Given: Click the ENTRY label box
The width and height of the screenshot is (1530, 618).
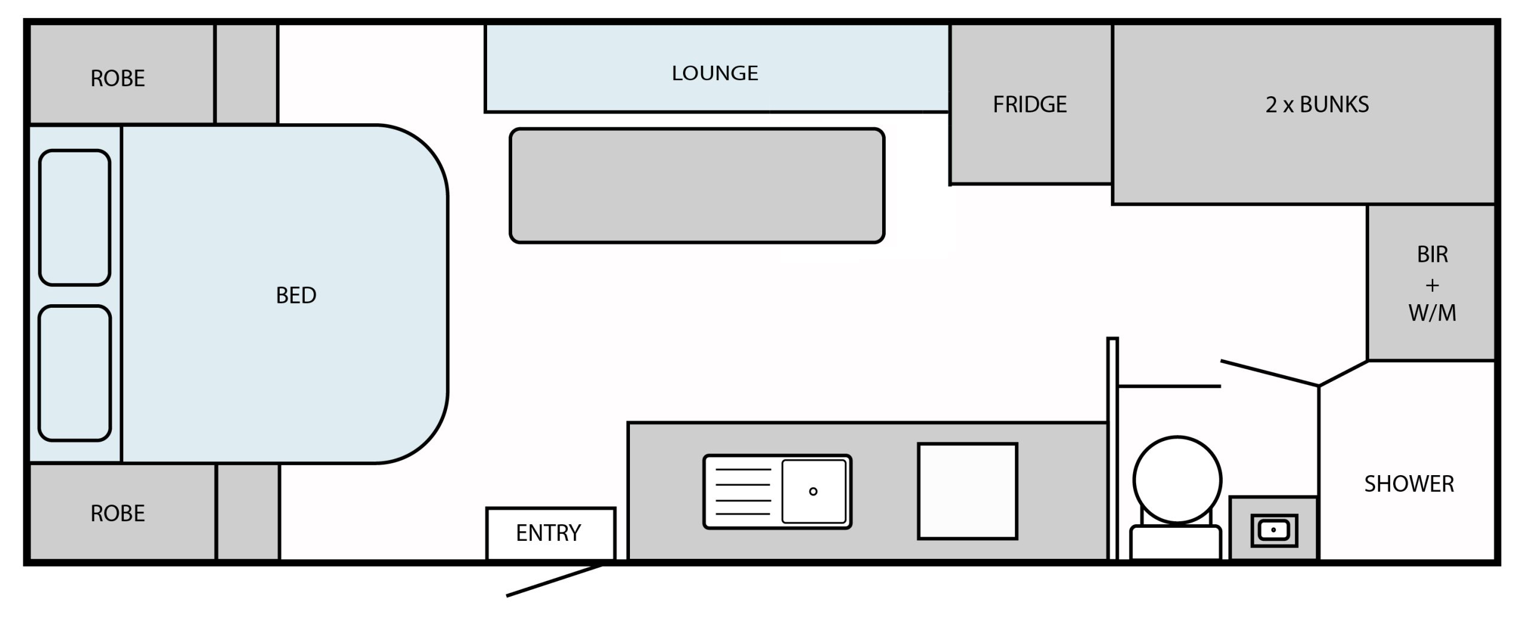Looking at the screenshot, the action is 550,534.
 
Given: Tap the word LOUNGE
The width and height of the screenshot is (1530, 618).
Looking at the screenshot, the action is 715,73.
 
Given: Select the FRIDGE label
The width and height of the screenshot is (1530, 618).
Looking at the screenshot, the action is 1030,105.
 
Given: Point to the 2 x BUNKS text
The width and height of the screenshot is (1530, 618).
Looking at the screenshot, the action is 1317,105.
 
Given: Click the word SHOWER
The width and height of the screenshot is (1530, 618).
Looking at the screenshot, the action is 1409,484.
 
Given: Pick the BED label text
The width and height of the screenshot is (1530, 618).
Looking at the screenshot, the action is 296,295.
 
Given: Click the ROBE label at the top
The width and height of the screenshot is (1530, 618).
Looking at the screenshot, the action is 118,78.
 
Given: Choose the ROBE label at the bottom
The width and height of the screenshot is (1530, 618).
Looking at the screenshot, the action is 118,513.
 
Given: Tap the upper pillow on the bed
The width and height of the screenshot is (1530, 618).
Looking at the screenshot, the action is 75,218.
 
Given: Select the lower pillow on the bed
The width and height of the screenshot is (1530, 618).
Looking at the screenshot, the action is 75,374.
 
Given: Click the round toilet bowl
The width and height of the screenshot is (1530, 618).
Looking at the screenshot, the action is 1177,480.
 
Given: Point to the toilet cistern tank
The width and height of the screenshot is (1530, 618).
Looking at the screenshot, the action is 1176,543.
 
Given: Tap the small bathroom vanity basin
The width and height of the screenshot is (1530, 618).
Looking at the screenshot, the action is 1274,530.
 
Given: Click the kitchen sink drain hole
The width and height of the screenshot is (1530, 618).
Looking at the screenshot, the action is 813,491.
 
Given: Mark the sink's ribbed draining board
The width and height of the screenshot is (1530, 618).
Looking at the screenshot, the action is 743,491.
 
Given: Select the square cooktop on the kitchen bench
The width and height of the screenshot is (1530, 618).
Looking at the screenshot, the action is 968,491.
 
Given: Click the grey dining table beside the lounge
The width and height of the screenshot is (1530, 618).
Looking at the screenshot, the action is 697,185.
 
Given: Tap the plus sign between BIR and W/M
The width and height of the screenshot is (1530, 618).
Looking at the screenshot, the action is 1432,286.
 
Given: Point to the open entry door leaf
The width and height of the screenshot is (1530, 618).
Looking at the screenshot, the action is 555,580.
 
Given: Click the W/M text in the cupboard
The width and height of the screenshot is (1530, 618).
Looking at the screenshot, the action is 1432,313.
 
